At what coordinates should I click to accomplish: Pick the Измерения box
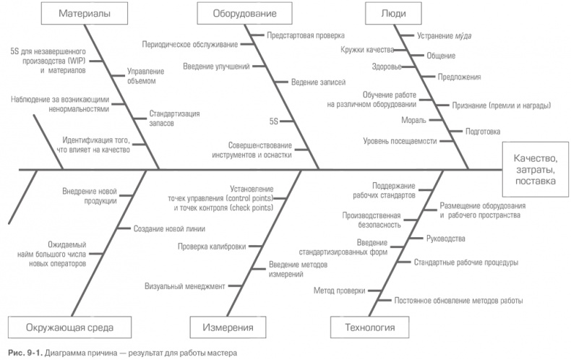pyautogui.click(x=221, y=327)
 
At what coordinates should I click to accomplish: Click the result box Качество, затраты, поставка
pyautogui.click(x=535, y=169)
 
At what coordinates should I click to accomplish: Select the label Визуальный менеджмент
pyautogui.click(x=185, y=286)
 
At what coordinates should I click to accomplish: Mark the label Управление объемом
pyautogui.click(x=145, y=75)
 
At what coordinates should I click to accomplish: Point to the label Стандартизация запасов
pyautogui.click(x=174, y=118)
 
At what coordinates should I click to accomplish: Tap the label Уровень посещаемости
pyautogui.click(x=400, y=141)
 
